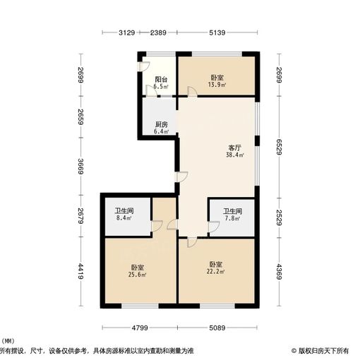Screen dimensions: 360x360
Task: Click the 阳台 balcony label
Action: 161,80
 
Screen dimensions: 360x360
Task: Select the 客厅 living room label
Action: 235,148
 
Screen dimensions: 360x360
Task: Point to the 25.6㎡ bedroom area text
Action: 138,274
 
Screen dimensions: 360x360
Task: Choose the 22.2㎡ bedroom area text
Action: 215,272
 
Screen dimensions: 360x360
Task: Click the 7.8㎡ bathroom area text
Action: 232,218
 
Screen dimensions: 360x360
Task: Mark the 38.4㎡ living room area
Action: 235,155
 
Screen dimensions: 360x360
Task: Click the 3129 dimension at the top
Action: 126,33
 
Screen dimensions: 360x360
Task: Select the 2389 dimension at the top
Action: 158,33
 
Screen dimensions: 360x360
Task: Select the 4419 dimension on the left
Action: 81,270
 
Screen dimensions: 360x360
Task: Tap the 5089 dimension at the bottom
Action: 220,328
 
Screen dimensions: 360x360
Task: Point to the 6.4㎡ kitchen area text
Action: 161,132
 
